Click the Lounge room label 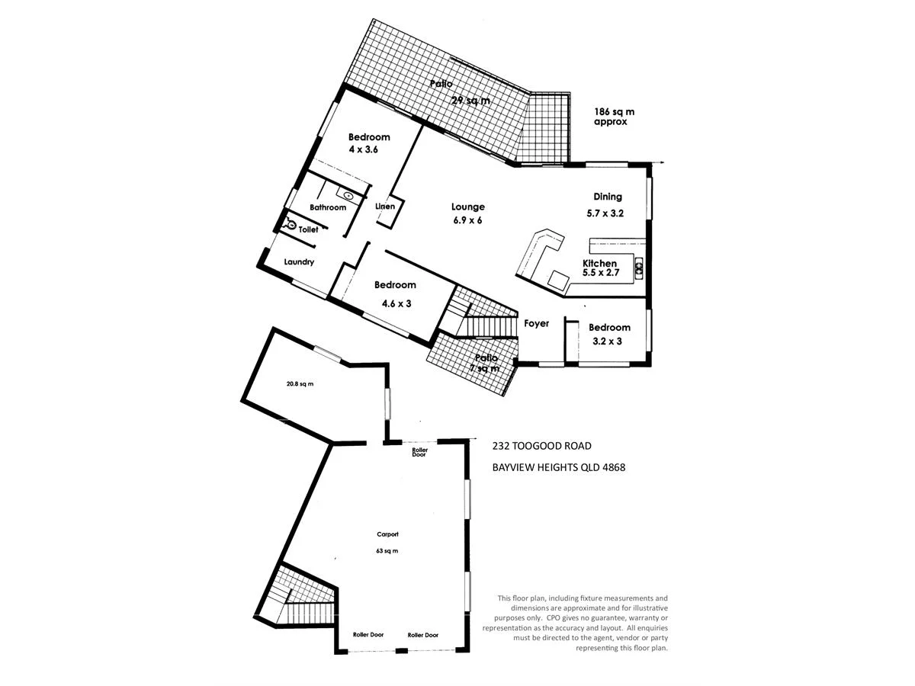[467, 207]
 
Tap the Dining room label [608, 197]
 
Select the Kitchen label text [599, 263]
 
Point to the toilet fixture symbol [291, 225]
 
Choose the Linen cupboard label [386, 207]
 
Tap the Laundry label [299, 262]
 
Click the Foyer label [536, 324]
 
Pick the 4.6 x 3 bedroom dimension [396, 303]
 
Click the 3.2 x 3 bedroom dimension [608, 341]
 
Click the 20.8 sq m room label [300, 384]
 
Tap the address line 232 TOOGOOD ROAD [541, 446]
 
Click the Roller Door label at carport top [419, 452]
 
